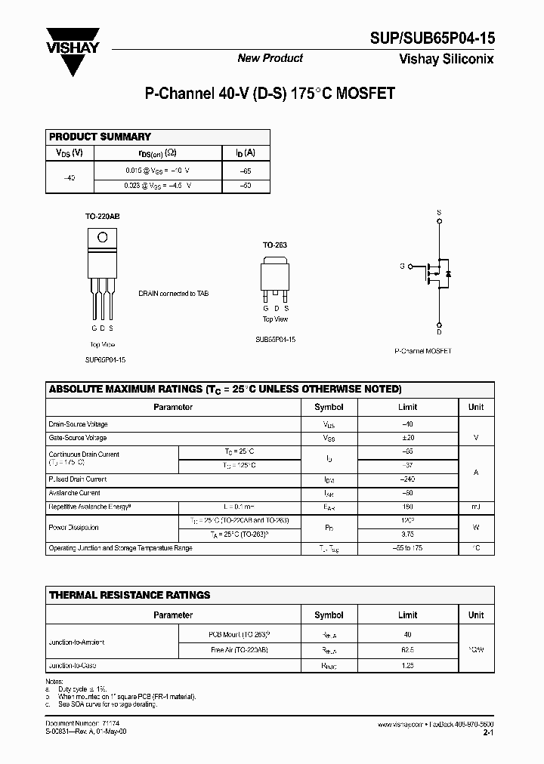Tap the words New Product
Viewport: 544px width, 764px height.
tap(270, 58)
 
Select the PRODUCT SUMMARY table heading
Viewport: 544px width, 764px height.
tap(100, 137)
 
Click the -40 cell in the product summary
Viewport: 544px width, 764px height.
tap(70, 176)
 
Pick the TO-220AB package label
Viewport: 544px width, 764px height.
tap(102, 216)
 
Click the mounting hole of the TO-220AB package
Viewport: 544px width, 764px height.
tap(103, 238)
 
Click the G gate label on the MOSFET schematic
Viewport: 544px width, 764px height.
tap(402, 266)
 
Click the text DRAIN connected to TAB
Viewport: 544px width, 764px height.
tap(173, 293)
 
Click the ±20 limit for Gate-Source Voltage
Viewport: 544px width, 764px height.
tap(407, 438)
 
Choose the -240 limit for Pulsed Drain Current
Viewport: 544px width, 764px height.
tap(407, 479)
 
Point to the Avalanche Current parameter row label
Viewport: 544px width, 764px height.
tap(74, 493)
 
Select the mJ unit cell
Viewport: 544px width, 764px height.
tap(476, 507)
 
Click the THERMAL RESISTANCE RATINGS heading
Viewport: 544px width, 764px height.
tap(129, 595)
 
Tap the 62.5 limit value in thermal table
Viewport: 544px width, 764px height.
tap(407, 648)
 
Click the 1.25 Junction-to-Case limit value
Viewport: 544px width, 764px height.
tap(407, 666)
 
